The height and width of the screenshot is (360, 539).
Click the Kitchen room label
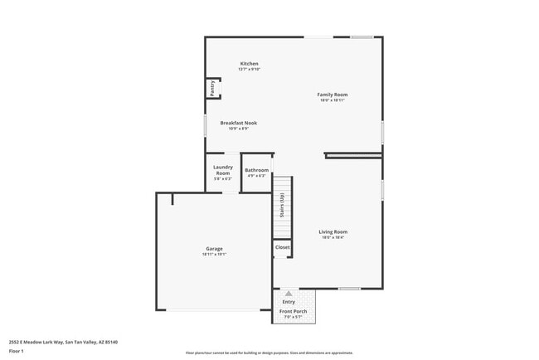[249, 64]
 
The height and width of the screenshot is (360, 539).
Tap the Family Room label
[333, 95]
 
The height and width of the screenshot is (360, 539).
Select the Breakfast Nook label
[238, 123]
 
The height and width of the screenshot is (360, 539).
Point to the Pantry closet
[212, 89]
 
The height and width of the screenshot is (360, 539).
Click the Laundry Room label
[222, 170]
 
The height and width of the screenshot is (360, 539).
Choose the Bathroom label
[256, 170]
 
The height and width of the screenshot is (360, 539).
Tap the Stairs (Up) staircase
[283, 206]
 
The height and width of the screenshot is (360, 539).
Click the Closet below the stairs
[283, 247]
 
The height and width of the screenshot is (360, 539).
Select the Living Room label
[333, 232]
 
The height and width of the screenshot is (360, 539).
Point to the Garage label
[214, 249]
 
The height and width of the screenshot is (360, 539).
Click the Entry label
[289, 302]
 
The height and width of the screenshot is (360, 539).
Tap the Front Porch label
[293, 311]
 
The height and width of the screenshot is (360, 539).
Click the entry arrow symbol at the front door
[289, 294]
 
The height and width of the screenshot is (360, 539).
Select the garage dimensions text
[214, 255]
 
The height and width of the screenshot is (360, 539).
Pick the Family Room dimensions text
[333, 100]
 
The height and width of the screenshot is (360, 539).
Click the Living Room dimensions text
[333, 238]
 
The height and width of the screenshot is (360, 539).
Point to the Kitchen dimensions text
[249, 70]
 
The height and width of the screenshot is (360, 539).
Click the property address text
[63, 342]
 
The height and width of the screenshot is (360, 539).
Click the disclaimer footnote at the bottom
[269, 353]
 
